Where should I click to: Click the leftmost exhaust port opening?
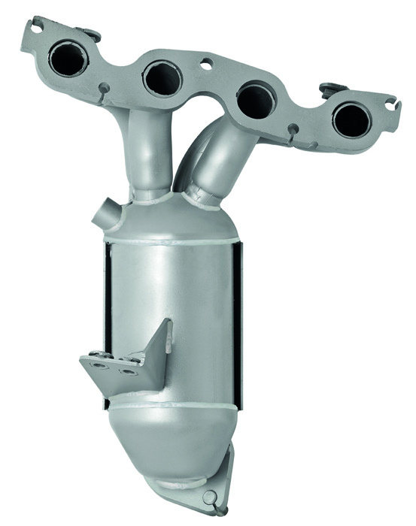68,59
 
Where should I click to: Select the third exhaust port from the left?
256,99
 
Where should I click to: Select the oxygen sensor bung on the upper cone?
102,219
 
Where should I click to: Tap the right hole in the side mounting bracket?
129,370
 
